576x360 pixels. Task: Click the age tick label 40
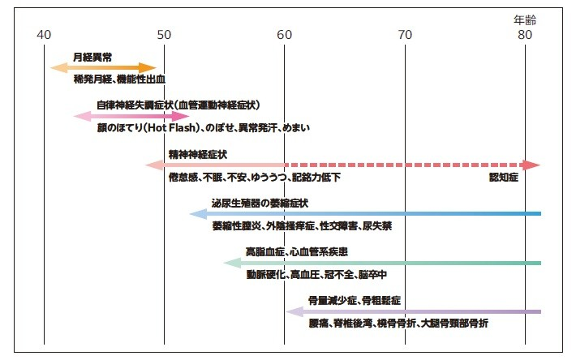[44, 35]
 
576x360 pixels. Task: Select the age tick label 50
[164, 35]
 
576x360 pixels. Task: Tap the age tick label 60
[284, 35]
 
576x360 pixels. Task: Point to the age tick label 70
[405, 35]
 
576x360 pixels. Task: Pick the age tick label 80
[525, 35]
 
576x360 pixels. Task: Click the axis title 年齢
[525, 19]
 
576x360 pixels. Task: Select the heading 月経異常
[92, 58]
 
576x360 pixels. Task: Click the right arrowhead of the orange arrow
[148, 68]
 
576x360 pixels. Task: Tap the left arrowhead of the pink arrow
[82, 116]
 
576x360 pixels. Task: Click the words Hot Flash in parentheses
[171, 128]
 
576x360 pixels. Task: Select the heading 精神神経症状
[198, 155]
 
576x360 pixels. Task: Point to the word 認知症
[504, 178]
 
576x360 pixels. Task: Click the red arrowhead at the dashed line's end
[531, 165]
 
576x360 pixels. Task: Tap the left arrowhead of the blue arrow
[198, 214]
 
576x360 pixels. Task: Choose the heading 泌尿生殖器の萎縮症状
[260, 203]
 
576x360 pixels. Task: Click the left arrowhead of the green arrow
[232, 264]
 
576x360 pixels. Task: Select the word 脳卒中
[372, 275]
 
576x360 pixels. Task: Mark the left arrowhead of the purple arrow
[294, 312]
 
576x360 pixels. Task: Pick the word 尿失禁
[377, 226]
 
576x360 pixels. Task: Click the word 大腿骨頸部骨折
[455, 324]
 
